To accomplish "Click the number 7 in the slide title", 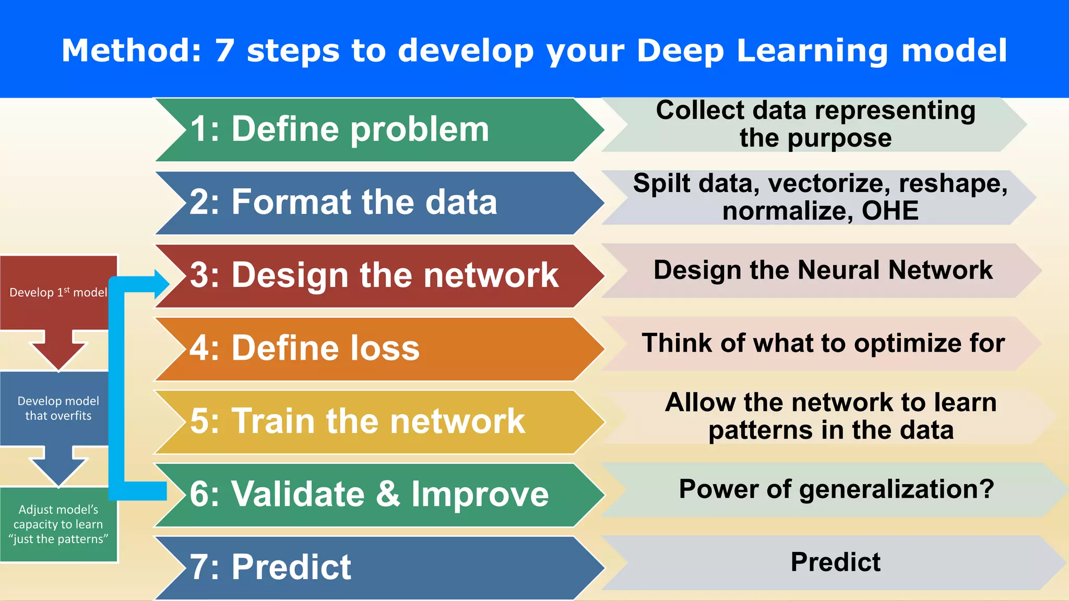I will click(224, 51).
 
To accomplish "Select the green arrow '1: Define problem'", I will click(365, 129).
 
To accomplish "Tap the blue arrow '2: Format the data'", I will click(365, 202).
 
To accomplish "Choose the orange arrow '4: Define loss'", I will click(365, 348).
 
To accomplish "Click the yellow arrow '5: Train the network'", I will click(365, 422).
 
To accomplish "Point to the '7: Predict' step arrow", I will click(365, 567).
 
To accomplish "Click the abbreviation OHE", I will click(890, 211).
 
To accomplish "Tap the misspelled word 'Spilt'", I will click(662, 184).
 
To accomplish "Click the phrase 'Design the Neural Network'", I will click(823, 271).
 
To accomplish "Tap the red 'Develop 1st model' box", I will click(58, 293).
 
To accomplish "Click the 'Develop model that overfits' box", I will click(58, 408).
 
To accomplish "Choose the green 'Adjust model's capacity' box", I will click(58, 524).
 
